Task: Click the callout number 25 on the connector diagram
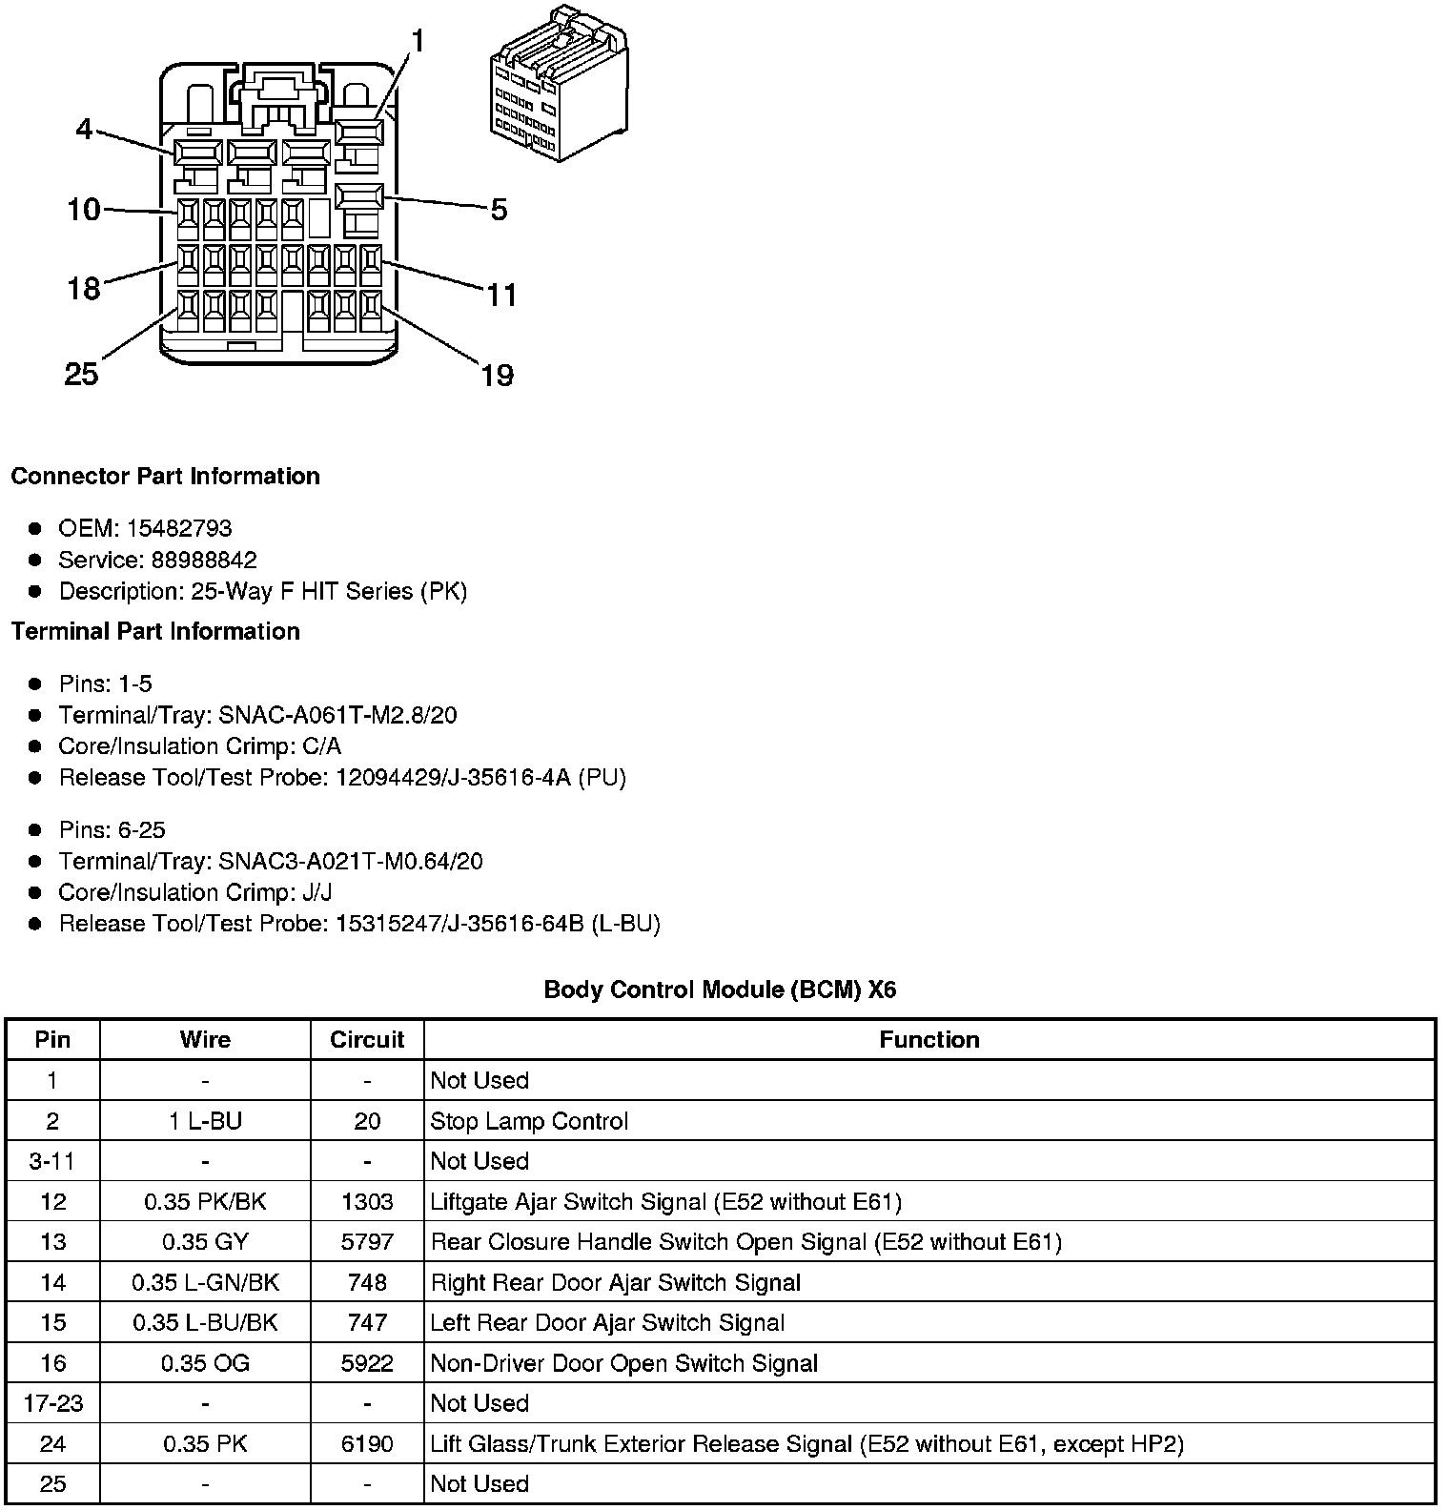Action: (81, 374)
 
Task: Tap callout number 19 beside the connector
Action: (497, 376)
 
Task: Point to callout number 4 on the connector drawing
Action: (85, 129)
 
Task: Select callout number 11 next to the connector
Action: (501, 296)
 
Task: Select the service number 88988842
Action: (204, 560)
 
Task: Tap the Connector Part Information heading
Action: (165, 476)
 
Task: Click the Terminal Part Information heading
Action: (155, 631)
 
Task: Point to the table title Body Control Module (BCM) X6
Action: (720, 990)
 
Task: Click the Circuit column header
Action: (367, 1039)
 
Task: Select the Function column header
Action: (929, 1039)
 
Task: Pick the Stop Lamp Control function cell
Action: (529, 1121)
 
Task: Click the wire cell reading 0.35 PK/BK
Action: (205, 1201)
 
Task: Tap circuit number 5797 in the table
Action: (367, 1242)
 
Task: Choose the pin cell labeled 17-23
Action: (52, 1403)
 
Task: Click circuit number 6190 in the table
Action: (367, 1444)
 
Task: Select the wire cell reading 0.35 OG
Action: (205, 1363)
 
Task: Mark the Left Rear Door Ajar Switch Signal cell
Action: (607, 1323)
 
